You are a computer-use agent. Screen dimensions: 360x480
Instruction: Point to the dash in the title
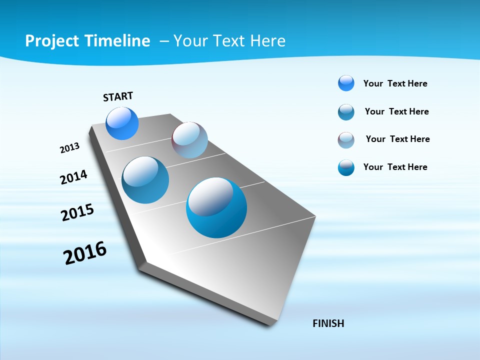tap(164, 41)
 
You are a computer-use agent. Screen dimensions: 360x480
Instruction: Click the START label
tap(118, 96)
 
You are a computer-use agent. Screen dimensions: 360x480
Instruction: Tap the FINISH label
tap(328, 323)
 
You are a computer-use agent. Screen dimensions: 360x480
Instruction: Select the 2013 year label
tap(69, 148)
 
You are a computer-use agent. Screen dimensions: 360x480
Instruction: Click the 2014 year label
tap(73, 177)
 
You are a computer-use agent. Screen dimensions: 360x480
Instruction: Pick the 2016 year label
tap(85, 253)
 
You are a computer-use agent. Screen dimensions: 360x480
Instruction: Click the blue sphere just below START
tap(122, 123)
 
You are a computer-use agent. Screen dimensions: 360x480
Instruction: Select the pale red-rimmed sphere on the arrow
tap(189, 140)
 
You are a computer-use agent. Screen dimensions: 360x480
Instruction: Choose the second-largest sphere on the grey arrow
tap(145, 180)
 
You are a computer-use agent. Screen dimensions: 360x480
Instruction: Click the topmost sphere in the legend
tap(346, 83)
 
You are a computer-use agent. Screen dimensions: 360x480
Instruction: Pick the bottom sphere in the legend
tap(346, 167)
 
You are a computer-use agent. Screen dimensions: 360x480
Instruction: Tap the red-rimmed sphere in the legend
tap(346, 140)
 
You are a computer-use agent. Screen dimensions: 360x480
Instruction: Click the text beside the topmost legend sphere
tap(395, 83)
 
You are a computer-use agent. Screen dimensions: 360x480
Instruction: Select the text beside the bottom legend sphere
tap(395, 167)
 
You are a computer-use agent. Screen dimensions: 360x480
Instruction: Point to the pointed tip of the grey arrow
tap(272, 324)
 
